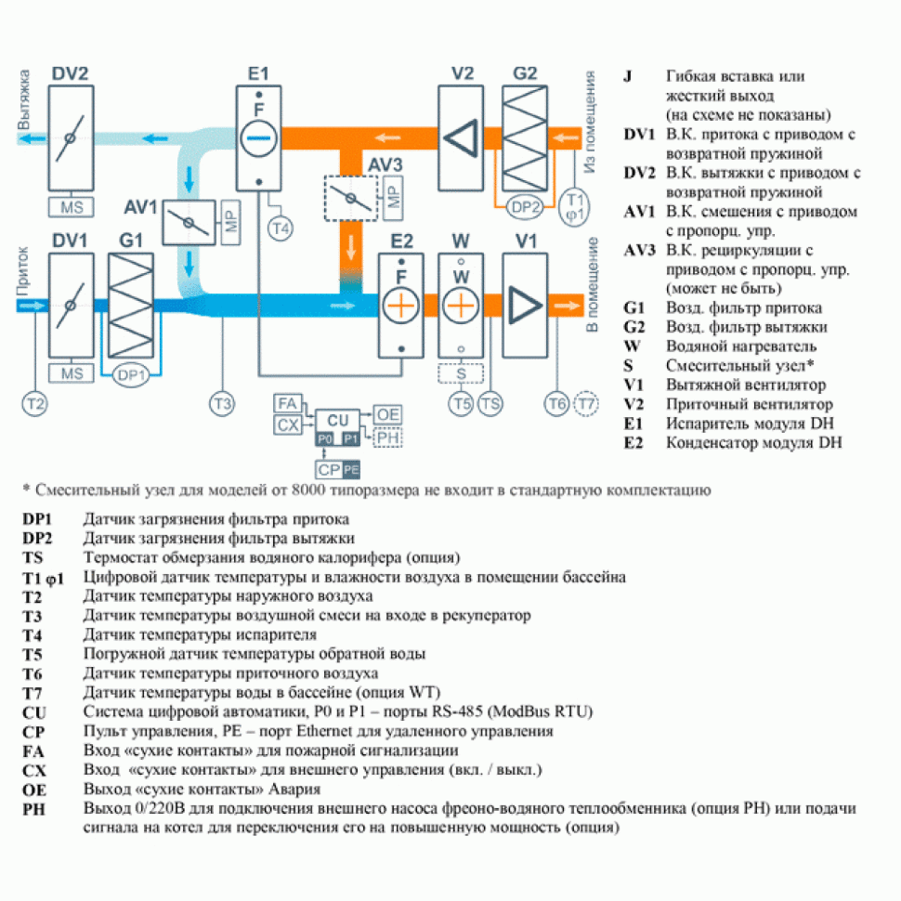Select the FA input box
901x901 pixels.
(287, 403)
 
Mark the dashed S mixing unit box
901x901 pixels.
(461, 372)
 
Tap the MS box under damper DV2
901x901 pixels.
(71, 205)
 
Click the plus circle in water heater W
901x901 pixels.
(461, 306)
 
